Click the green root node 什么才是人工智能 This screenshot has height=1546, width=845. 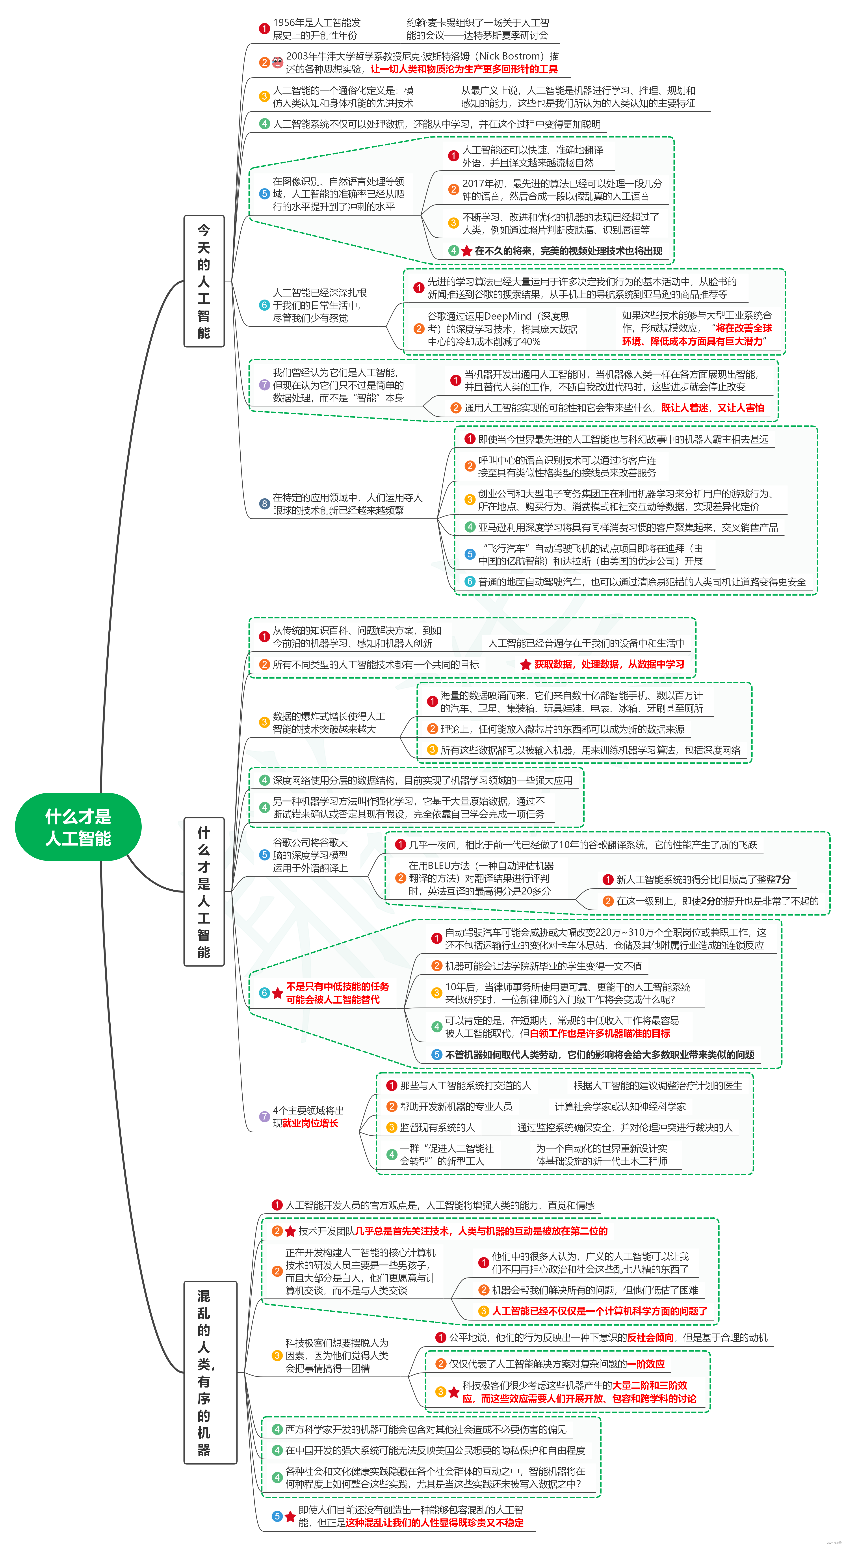(78, 827)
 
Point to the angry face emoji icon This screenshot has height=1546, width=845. (277, 62)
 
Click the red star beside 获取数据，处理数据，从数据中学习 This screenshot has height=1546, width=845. (525, 664)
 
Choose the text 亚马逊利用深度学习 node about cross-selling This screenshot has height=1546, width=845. (627, 527)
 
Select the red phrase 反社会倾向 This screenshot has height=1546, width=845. (650, 1337)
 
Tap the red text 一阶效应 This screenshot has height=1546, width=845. (646, 1363)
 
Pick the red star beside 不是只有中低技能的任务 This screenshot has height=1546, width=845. (277, 993)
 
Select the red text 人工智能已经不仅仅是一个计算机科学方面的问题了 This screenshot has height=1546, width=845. (600, 1311)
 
